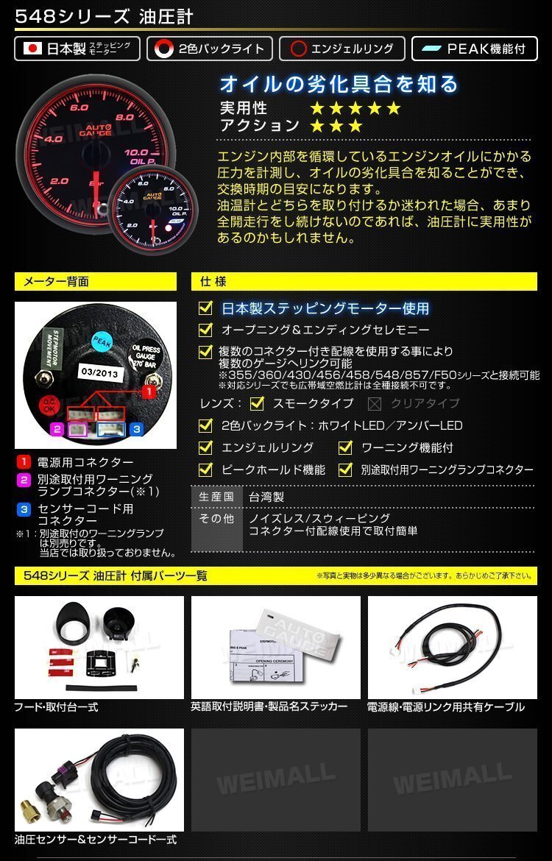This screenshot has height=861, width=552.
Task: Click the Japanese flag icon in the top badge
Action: (x=32, y=49)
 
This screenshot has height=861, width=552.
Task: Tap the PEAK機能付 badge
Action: (x=475, y=49)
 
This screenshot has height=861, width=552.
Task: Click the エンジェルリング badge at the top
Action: (x=342, y=49)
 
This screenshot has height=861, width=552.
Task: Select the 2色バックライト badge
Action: (x=210, y=49)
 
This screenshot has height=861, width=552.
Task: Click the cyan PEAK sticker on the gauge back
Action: (x=101, y=341)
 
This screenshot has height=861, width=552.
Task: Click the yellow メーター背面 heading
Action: (x=96, y=281)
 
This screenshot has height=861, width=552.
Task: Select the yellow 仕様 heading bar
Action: (x=364, y=281)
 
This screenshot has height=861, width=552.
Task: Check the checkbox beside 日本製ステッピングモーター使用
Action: (x=206, y=308)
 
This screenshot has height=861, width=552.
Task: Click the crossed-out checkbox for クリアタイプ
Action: (x=375, y=403)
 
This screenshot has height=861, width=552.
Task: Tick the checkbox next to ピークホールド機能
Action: (x=206, y=470)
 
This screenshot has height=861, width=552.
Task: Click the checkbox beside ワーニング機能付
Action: (x=345, y=447)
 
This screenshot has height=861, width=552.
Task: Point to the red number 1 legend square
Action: (x=24, y=462)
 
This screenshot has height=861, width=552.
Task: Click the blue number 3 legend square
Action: (x=24, y=509)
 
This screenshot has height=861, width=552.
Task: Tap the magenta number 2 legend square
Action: (x=24, y=479)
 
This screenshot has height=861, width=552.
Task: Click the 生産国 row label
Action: (x=216, y=497)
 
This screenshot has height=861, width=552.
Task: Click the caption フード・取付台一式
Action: (x=57, y=707)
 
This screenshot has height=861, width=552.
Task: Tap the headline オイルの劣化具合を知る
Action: (x=339, y=83)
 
